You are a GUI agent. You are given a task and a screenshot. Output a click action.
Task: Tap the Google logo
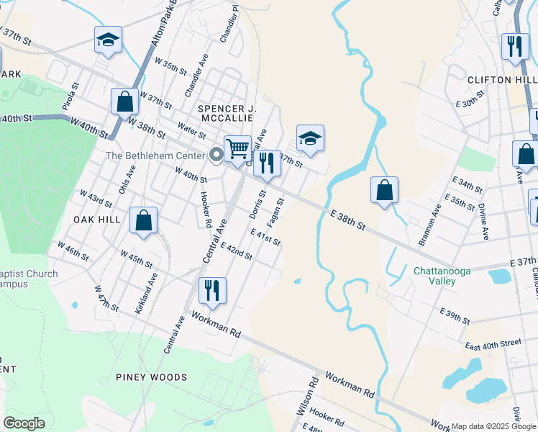pyautogui.click(x=24, y=423)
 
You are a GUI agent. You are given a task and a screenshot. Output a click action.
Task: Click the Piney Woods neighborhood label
pyautogui.click(x=151, y=377)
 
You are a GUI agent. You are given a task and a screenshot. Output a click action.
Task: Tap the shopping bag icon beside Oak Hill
pyautogui.click(x=144, y=221)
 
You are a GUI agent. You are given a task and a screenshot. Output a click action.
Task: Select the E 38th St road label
pyautogui.click(x=348, y=220)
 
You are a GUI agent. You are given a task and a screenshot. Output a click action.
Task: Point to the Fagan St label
pyautogui.click(x=277, y=210)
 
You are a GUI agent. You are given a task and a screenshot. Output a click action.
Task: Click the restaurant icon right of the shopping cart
pyautogui.click(x=267, y=164)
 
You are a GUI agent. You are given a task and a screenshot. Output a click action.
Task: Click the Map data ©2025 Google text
pyautogui.click(x=493, y=426)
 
